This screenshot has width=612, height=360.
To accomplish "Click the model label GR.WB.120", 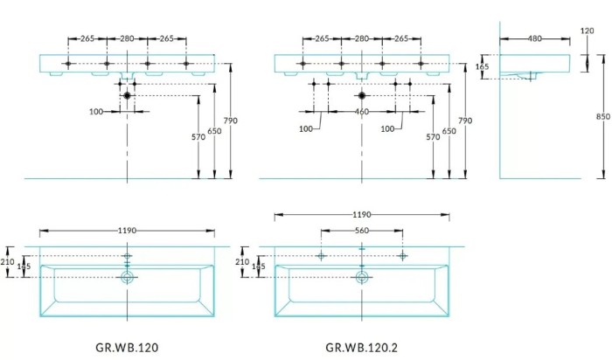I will (x=127, y=346).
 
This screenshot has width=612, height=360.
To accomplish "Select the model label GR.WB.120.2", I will (x=360, y=346).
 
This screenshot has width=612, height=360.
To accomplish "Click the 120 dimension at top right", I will (x=587, y=31).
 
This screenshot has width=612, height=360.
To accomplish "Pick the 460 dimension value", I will (x=360, y=112).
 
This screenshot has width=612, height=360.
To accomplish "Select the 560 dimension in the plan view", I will (x=361, y=232).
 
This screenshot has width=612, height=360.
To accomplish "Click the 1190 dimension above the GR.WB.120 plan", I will (x=127, y=232).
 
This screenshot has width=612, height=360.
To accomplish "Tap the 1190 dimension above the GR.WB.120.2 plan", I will (x=361, y=214).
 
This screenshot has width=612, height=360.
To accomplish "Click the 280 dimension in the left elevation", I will (x=127, y=38).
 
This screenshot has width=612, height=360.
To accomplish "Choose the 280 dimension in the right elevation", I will (x=361, y=38).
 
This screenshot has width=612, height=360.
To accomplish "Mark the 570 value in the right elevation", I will (x=433, y=137).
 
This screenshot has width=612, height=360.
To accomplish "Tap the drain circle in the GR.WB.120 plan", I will (x=128, y=277).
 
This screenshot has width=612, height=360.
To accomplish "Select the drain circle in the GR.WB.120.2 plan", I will (x=361, y=277).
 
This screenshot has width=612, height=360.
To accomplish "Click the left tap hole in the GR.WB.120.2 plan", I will (x=321, y=256).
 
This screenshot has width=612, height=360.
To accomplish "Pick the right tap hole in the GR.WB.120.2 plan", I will (x=402, y=256).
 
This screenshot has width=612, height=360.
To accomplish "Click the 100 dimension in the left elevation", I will (x=97, y=112).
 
